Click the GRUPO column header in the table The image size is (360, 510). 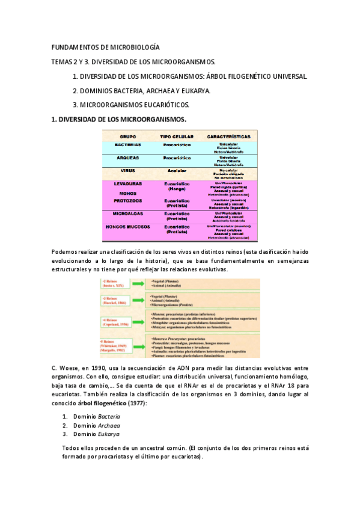tap(127, 137)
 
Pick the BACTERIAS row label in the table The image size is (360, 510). tap(127, 145)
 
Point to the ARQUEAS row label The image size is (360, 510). tap(127, 158)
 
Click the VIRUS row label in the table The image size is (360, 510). tap(127, 171)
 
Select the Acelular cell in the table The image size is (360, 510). tap(177, 171)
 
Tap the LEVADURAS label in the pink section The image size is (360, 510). tap(127, 183)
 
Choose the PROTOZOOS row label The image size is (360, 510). tap(127, 200)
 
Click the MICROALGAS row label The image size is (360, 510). tap(127, 214)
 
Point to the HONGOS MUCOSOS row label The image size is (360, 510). tap(127, 227)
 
